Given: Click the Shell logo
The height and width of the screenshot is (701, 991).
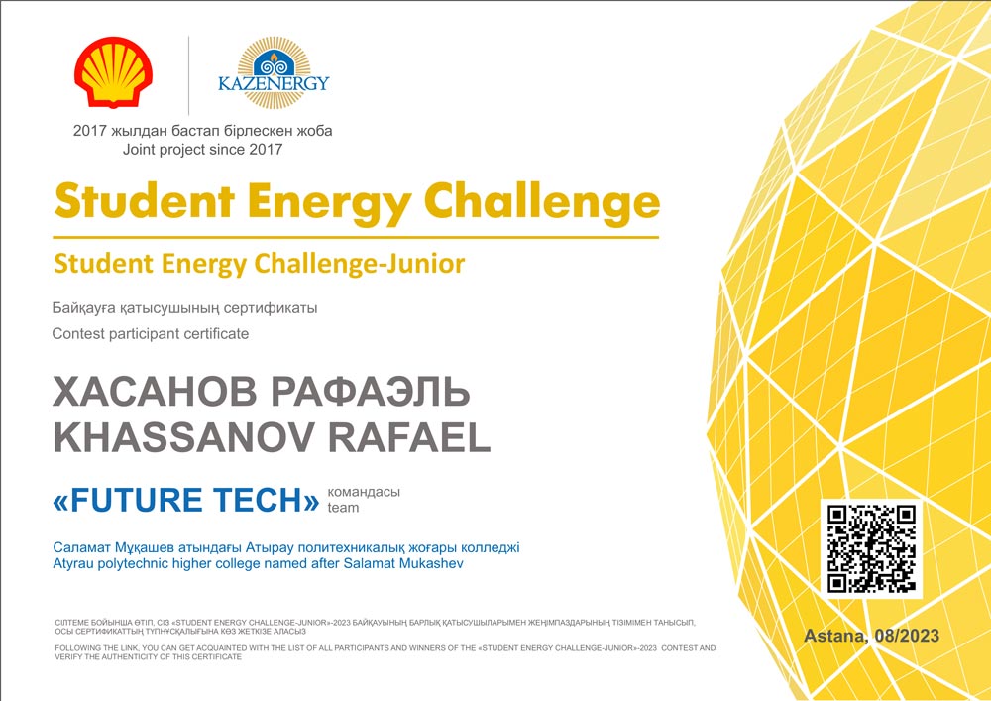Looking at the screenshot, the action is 113,71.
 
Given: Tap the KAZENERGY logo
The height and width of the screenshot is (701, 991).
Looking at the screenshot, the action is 274,72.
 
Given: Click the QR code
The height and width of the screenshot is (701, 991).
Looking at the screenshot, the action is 871,548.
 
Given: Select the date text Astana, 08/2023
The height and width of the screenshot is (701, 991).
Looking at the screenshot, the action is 871,636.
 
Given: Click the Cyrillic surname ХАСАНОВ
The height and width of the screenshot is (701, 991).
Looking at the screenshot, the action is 155,392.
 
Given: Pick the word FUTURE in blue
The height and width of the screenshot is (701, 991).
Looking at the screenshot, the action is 136,500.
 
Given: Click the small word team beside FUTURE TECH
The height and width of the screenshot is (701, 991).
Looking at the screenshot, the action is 343,508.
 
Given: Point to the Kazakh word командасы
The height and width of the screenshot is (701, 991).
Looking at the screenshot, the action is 364,492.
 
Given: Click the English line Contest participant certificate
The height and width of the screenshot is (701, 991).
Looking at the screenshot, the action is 151,334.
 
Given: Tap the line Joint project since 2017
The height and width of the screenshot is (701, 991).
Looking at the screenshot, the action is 203,150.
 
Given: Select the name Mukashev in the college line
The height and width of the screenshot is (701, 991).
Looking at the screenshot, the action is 432,563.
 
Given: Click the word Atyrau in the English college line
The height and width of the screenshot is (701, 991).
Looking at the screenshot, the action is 70,564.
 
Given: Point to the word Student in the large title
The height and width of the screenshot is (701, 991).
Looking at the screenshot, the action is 145,202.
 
